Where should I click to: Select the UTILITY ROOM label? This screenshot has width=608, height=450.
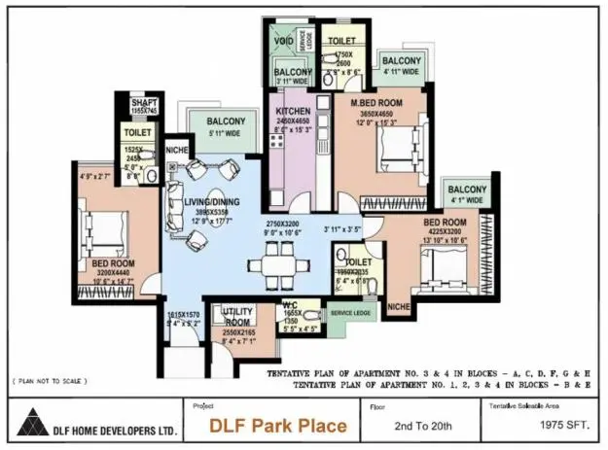tap(238, 317)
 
